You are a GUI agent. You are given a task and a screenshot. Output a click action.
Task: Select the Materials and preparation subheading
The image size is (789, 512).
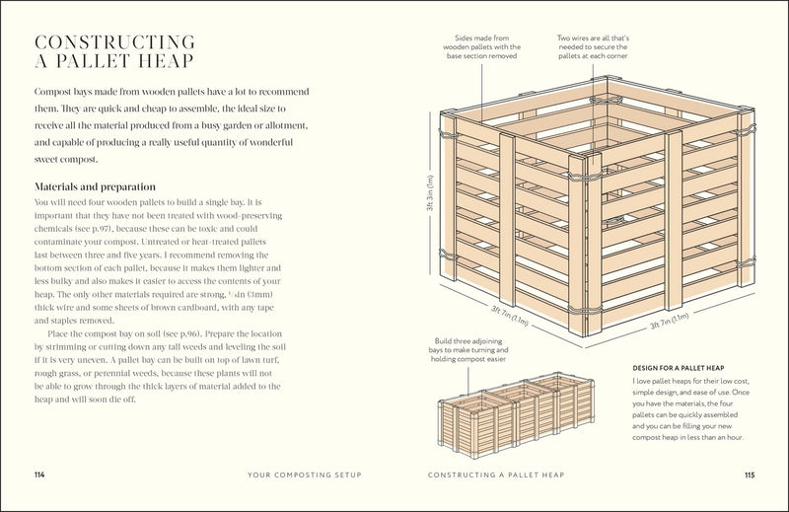point(97,186)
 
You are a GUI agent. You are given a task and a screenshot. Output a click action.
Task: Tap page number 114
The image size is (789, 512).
point(39,475)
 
